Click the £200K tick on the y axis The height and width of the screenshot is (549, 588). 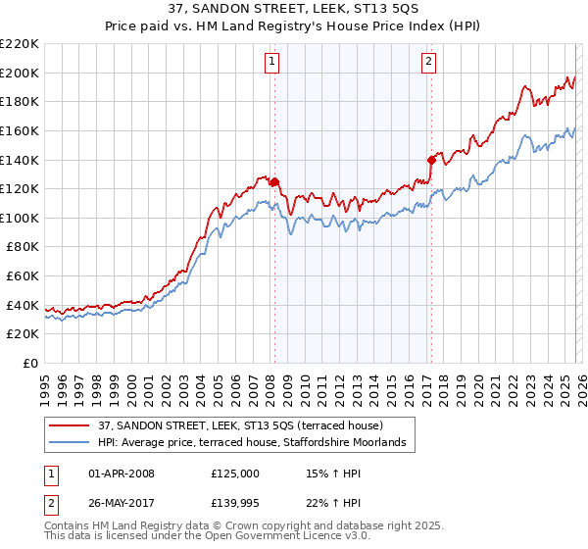(x=20, y=73)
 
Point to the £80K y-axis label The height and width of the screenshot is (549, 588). (x=23, y=247)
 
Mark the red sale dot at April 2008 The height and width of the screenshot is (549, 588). (x=274, y=181)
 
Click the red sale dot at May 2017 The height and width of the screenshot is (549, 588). (x=430, y=160)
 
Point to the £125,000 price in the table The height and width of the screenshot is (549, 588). (x=235, y=474)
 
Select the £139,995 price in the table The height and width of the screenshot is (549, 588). (x=235, y=503)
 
